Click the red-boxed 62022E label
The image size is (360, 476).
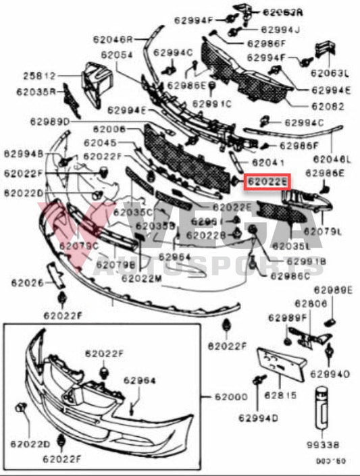(267, 181)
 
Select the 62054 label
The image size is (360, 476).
(117, 54)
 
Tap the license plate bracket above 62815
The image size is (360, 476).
(278, 365)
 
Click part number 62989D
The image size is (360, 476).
(49, 122)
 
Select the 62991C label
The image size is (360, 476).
(211, 103)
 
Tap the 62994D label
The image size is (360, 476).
(258, 419)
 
